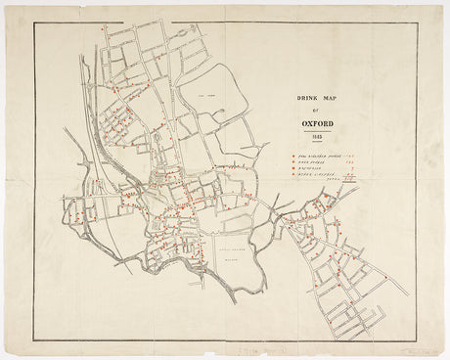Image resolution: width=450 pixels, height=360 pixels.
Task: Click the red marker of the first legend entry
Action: coord(292,157)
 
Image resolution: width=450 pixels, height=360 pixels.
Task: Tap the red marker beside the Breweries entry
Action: coord(292,171)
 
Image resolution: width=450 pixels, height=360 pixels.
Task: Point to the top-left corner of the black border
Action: coord(35,22)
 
